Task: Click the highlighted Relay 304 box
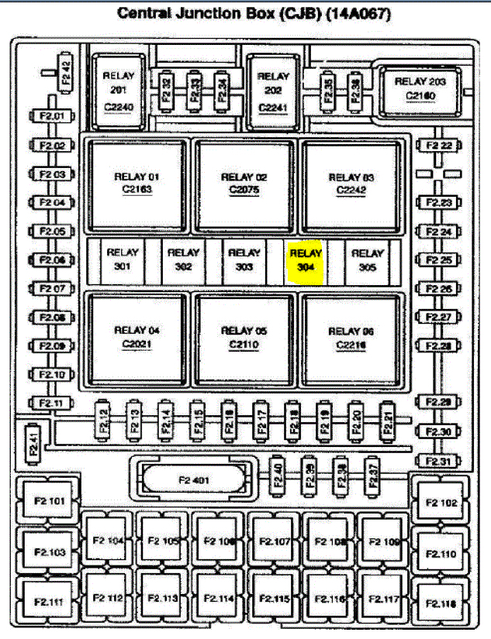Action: tap(306, 260)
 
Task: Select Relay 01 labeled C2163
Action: tap(137, 184)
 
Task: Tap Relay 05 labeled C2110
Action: tap(244, 337)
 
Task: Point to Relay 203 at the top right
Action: tap(420, 88)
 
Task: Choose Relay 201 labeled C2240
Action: tap(119, 91)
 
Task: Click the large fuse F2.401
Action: tap(194, 480)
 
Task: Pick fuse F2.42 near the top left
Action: tap(66, 74)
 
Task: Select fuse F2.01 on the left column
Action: tap(52, 117)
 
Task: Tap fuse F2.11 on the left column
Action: tap(52, 403)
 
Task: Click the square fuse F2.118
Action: tap(439, 603)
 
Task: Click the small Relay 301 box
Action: tap(122, 260)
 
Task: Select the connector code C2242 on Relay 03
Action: tap(351, 190)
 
